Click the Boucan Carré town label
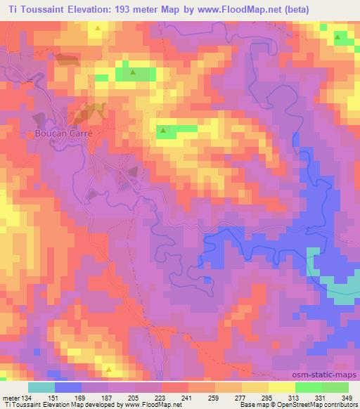point(64,131)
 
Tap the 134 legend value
point(25,398)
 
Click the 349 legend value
point(347,398)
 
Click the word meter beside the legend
point(9,398)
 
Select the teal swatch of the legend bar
point(41,387)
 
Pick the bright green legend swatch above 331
point(308,387)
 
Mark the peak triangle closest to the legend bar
point(108,368)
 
